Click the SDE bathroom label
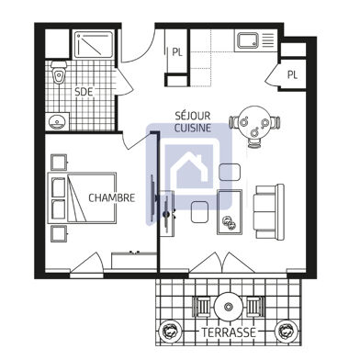(83, 91)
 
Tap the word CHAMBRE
(112, 197)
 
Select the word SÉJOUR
(192, 115)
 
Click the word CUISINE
(193, 129)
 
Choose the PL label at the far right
(292, 74)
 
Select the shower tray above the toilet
(92, 47)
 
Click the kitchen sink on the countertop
(249, 40)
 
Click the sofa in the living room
(269, 208)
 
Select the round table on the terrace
(226, 307)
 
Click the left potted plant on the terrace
(168, 330)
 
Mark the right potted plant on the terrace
(287, 330)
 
